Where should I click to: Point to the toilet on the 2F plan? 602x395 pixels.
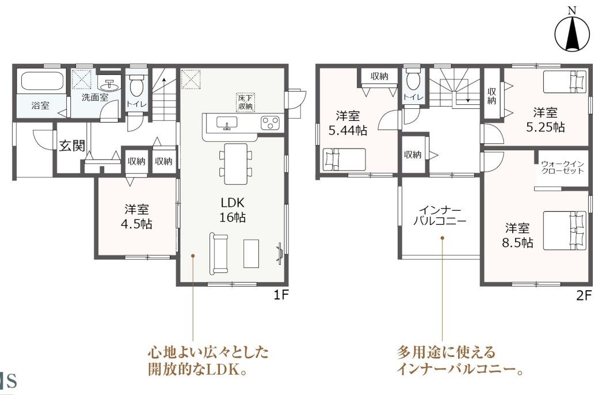click(x=412, y=80)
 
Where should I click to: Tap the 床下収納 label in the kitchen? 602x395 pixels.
click(x=245, y=102)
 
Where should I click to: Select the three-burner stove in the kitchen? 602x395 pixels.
click(x=270, y=123)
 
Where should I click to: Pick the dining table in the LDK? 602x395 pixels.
click(x=236, y=164)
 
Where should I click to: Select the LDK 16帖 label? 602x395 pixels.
click(x=233, y=210)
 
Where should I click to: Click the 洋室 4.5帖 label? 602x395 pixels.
click(x=136, y=217)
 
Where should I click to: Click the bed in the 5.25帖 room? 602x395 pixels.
click(x=565, y=82)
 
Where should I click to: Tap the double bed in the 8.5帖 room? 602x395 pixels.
click(x=565, y=230)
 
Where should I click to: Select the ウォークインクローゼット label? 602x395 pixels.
click(x=562, y=168)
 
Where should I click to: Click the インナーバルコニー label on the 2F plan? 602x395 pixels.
click(x=440, y=215)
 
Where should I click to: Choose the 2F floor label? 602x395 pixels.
click(x=584, y=295)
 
